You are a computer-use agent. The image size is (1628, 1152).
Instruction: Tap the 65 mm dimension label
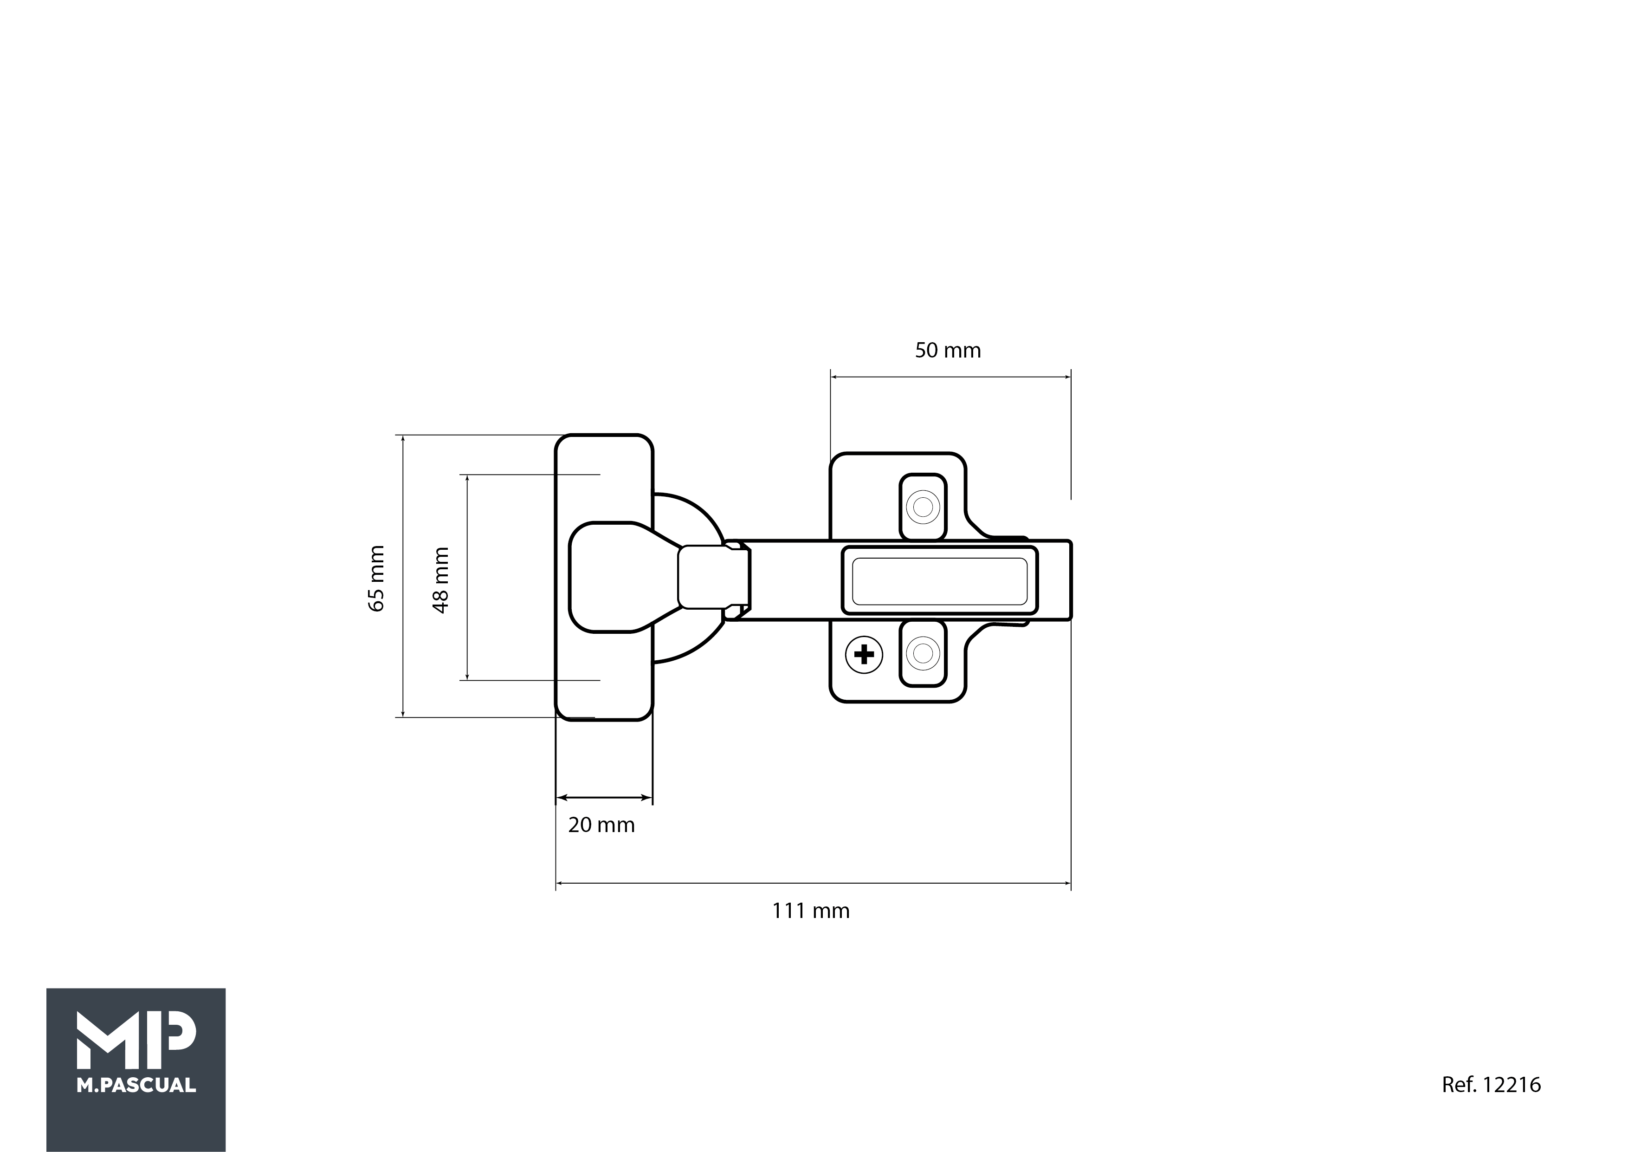pyautogui.click(x=376, y=578)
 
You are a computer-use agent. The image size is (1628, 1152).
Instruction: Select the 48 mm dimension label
pyautogui.click(x=440, y=580)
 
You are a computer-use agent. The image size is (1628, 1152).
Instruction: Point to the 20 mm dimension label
pyautogui.click(x=601, y=825)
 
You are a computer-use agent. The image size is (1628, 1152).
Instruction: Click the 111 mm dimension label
pyautogui.click(x=810, y=911)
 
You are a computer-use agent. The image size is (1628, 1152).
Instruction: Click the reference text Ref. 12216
pyautogui.click(x=1491, y=1085)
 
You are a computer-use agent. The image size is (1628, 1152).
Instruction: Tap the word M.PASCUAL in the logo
pyautogui.click(x=136, y=1085)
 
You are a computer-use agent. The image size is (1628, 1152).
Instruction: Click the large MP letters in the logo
pyautogui.click(x=136, y=1040)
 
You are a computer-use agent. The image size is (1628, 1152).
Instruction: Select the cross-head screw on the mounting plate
pyautogui.click(x=864, y=654)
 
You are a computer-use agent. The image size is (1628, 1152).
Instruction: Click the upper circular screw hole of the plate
pyautogui.click(x=923, y=507)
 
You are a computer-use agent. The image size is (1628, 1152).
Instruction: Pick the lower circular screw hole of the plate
pyautogui.click(x=923, y=652)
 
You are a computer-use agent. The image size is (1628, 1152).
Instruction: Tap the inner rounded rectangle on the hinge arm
pyautogui.click(x=939, y=581)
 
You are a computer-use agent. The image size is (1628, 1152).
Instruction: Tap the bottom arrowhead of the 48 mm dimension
pyautogui.click(x=467, y=675)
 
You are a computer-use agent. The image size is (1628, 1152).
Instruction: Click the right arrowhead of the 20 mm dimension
pyautogui.click(x=646, y=798)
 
